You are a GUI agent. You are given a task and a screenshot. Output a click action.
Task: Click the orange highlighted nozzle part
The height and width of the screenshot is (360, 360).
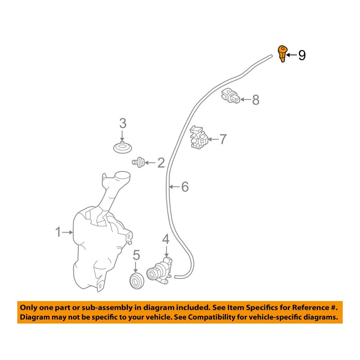282,54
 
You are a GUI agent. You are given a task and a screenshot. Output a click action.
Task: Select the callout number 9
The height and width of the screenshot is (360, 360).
301,55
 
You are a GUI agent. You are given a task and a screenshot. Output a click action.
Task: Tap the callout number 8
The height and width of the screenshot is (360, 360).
256,99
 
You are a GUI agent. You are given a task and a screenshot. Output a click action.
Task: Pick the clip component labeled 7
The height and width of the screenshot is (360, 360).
198,137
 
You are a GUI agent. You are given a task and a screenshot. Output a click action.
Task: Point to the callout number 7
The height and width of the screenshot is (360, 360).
224,139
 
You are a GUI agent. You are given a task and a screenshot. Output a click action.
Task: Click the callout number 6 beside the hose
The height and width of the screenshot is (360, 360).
185,187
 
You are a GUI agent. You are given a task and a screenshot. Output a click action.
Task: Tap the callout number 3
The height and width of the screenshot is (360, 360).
122,123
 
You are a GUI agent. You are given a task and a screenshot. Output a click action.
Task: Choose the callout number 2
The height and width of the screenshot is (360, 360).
161,162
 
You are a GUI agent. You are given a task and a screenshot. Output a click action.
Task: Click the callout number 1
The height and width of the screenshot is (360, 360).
58,232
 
